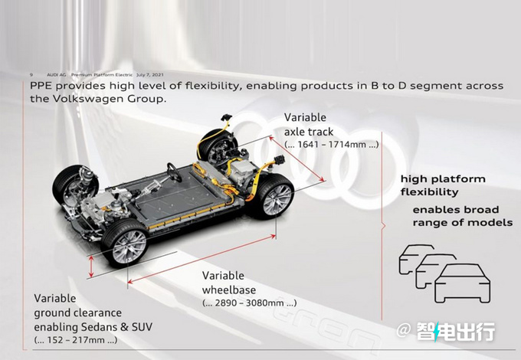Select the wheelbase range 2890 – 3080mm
point(250,303)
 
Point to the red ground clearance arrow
point(93,266)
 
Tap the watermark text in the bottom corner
point(457,332)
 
